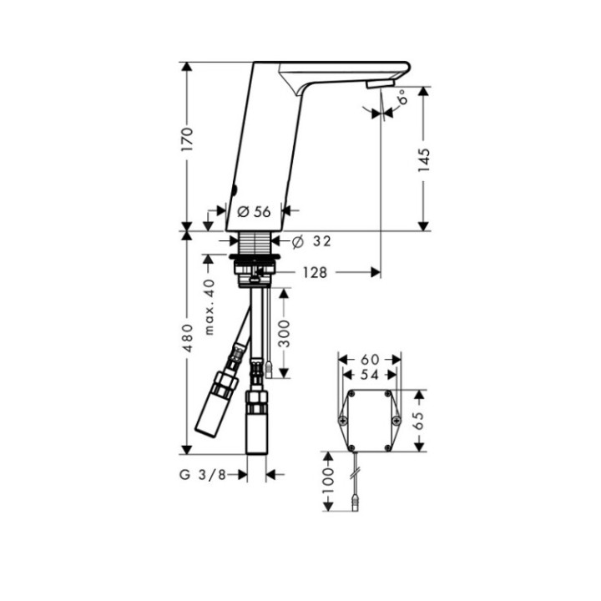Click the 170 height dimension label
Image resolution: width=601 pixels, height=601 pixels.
(189, 139)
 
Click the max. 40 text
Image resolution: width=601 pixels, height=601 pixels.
(210, 305)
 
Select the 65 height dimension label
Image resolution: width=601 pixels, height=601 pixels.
(420, 418)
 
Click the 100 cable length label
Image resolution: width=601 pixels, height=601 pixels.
(329, 477)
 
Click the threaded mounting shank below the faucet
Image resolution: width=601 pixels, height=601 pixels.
(257, 247)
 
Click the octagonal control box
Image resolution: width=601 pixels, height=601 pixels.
(367, 418)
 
